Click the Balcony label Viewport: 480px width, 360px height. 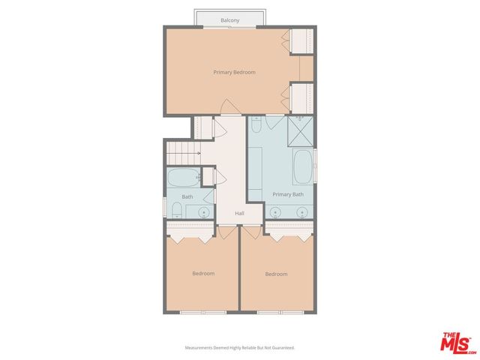(x=230, y=20)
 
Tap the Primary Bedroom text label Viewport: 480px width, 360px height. (x=234, y=72)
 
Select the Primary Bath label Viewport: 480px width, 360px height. (x=288, y=194)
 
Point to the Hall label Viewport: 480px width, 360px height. (x=239, y=214)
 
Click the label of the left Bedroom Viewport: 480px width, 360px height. (x=203, y=274)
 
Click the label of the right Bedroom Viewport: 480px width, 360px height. (x=276, y=274)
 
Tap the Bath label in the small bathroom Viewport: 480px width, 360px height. (x=187, y=197)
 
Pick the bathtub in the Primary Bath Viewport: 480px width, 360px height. (x=302, y=167)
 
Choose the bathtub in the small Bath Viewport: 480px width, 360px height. (x=182, y=178)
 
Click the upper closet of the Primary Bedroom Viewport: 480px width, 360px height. (x=302, y=41)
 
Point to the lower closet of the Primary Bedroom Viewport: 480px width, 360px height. (x=302, y=96)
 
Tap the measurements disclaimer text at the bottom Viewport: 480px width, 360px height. (x=240, y=348)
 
